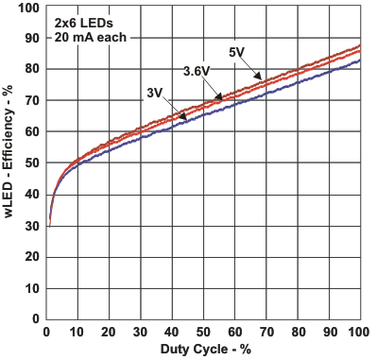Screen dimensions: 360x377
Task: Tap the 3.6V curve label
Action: tap(197, 71)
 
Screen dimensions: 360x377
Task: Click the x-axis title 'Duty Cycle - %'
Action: tap(202, 350)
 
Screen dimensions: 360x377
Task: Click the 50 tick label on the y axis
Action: tap(32, 163)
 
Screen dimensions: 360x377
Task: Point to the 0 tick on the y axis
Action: tap(36, 318)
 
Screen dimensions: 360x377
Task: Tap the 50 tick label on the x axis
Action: tap(202, 332)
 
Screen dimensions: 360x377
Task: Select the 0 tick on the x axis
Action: tap(46, 332)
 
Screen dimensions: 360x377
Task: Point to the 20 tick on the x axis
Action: tap(109, 332)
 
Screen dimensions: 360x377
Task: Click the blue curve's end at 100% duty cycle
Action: tap(359, 60)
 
